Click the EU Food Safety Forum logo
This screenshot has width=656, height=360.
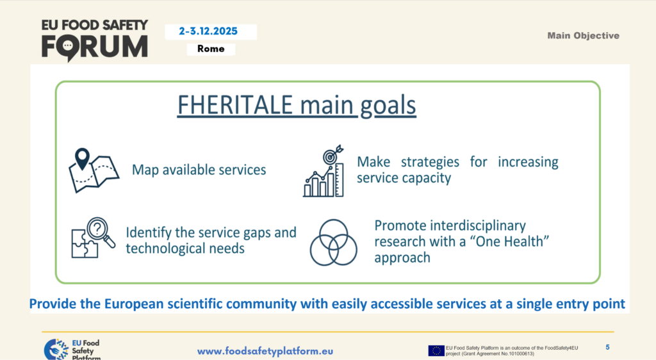tap(95, 40)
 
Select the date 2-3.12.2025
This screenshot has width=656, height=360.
tap(208, 31)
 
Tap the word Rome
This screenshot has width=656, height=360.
tap(211, 49)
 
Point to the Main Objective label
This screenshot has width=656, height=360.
tap(583, 35)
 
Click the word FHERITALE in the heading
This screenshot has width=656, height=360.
tap(235, 105)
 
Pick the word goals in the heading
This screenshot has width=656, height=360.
tap(388, 106)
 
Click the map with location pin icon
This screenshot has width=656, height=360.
tap(94, 170)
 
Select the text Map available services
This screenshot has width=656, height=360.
tap(199, 170)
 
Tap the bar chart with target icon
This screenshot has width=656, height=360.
tap(324, 171)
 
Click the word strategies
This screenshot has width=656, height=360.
tap(430, 162)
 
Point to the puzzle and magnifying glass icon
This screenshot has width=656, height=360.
tap(94, 238)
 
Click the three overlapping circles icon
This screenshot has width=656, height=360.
tap(333, 243)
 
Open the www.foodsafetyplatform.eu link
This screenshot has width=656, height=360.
tap(265, 351)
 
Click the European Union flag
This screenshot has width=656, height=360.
tap(436, 350)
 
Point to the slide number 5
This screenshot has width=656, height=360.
tap(607, 347)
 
